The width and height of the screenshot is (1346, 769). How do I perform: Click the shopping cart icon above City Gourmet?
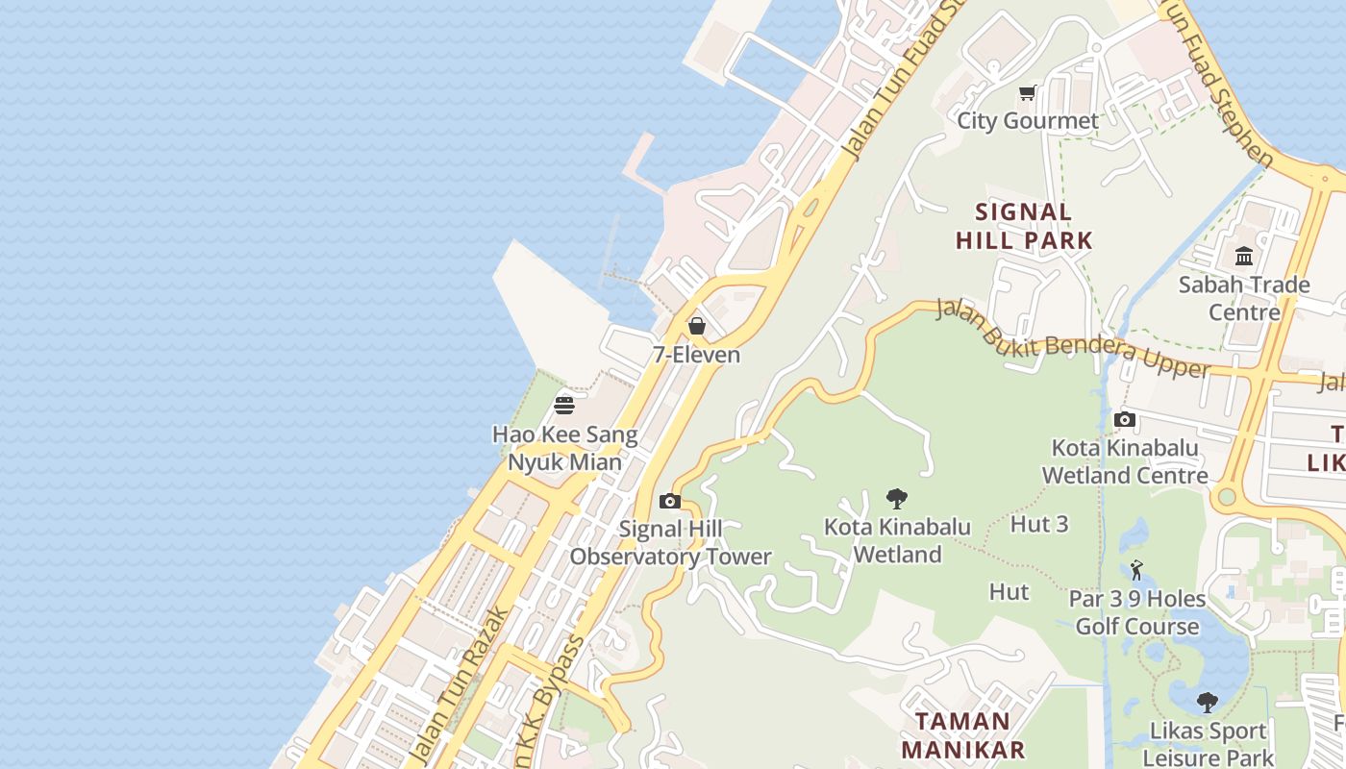[x=1028, y=93]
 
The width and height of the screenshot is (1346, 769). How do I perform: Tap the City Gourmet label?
[x=1028, y=121]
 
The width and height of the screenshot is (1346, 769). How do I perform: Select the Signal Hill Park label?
[x=1024, y=226]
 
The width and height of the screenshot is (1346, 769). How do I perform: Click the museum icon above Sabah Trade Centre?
[x=1244, y=257]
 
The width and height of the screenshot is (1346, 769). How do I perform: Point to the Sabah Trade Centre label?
[x=1244, y=298]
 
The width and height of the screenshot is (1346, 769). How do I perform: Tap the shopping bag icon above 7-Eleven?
[x=697, y=326]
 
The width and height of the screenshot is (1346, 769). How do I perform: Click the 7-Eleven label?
[x=697, y=355]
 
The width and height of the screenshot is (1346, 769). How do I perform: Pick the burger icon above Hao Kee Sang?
[x=564, y=406]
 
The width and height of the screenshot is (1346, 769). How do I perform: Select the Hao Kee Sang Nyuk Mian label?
[x=564, y=448]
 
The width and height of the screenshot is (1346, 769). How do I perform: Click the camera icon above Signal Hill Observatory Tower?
[x=670, y=501]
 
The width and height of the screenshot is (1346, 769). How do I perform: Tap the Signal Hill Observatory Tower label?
[x=670, y=543]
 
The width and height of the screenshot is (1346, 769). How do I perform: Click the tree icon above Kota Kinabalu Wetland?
[x=897, y=499]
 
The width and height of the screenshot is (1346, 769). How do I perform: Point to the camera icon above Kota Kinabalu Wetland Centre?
[x=1124, y=419]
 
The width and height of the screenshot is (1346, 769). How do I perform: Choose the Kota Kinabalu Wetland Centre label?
[x=1125, y=461]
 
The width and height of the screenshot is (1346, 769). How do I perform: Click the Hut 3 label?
[x=1039, y=524]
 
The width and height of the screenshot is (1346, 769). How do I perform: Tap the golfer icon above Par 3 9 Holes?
[x=1136, y=570]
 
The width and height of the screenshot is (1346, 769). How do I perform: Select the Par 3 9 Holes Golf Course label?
[x=1137, y=612]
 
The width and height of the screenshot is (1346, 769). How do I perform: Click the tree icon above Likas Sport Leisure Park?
[x=1208, y=703]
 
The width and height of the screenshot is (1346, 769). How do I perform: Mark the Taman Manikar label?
[x=962, y=735]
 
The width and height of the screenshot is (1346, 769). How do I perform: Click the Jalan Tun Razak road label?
[x=459, y=683]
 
